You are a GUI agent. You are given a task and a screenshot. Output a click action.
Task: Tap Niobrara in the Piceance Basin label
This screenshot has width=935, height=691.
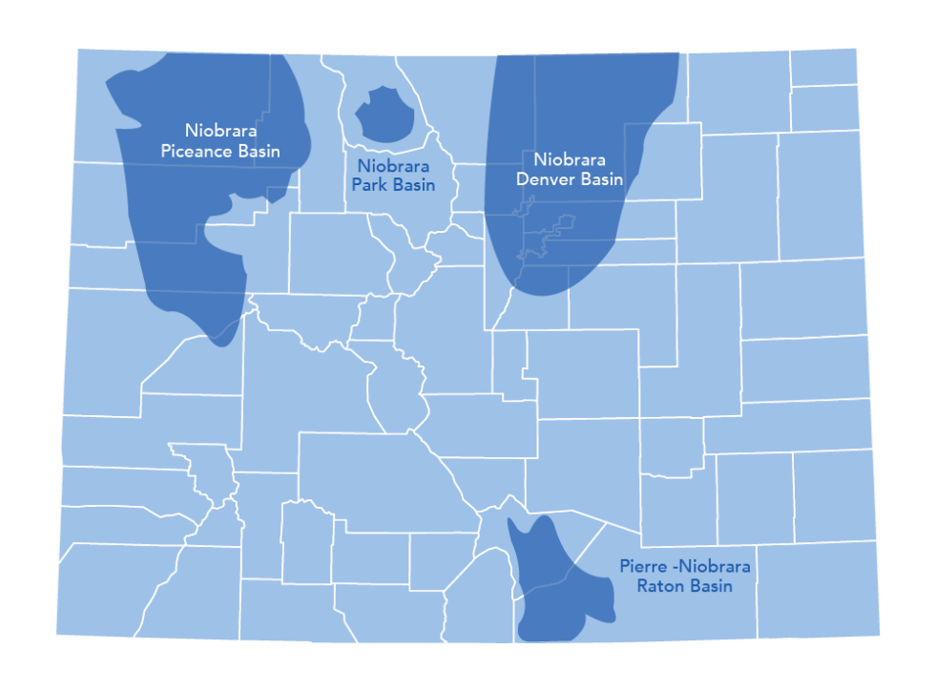220,131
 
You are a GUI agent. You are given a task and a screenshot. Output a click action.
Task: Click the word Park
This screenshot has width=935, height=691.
368,185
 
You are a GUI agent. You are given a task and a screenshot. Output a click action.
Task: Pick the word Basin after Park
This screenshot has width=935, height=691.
412,185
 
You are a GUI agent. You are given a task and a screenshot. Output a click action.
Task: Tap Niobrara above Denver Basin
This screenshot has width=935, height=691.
570,159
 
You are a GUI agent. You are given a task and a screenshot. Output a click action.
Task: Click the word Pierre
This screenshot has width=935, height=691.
641,567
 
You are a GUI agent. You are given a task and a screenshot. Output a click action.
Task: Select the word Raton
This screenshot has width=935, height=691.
659,586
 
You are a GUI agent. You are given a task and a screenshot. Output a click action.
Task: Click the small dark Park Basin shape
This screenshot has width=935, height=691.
384,115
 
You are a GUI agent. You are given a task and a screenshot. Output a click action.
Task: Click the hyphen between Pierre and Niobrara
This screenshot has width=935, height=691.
673,567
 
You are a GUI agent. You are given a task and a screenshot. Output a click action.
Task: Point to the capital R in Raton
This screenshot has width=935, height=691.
642,586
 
